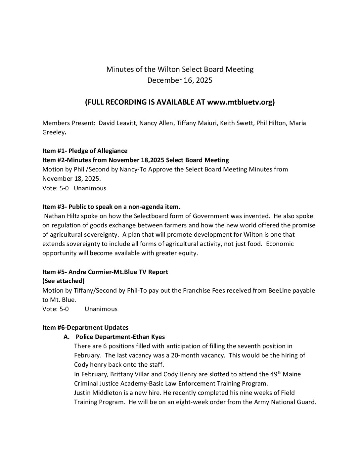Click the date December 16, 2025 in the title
point(180,80)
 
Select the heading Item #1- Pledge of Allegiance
point(85,151)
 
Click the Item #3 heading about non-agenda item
point(112,207)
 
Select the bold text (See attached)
point(64,281)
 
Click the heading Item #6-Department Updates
point(85,328)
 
